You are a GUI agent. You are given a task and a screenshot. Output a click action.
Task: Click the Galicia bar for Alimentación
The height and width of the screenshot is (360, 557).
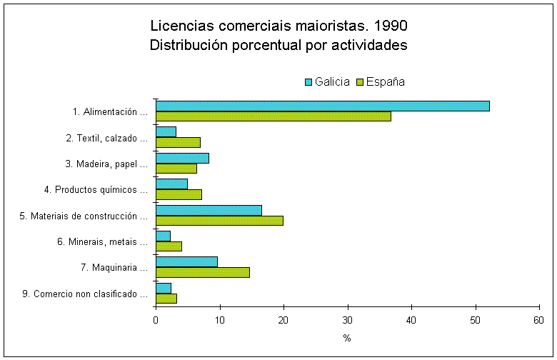tap(322, 106)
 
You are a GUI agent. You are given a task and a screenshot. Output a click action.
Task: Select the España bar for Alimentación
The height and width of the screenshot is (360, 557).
tap(273, 116)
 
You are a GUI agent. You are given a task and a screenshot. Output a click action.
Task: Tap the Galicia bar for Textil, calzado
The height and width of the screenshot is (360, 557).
tap(166, 132)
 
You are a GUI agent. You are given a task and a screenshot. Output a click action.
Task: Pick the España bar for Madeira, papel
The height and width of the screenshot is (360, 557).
tap(176, 169)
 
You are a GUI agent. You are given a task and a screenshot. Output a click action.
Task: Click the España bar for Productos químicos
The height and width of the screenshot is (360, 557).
tap(179, 194)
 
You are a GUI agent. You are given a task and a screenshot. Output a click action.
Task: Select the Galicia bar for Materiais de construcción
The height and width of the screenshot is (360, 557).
tap(209, 210)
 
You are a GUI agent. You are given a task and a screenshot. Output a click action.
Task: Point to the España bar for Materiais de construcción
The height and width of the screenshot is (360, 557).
tap(219, 220)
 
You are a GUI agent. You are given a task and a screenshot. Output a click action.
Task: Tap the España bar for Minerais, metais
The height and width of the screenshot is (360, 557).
tap(169, 246)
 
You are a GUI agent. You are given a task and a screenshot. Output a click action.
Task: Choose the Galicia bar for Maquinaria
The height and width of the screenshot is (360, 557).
tap(186, 261)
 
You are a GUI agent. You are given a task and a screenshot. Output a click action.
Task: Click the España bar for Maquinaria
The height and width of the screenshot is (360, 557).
tap(202, 272)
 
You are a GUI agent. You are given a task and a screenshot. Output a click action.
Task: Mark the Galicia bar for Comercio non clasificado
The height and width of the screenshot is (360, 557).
tap(164, 288)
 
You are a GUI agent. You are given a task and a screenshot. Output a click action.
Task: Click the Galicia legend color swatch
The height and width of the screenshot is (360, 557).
tap(308, 81)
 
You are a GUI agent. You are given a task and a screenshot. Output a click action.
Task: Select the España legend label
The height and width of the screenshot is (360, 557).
tap(386, 81)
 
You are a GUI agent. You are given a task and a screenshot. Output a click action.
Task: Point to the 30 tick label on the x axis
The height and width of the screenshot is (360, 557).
tap(348, 319)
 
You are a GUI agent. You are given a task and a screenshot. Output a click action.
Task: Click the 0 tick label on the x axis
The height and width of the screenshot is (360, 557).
tap(156, 319)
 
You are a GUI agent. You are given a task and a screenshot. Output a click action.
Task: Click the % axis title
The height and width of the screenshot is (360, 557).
tap(347, 338)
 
